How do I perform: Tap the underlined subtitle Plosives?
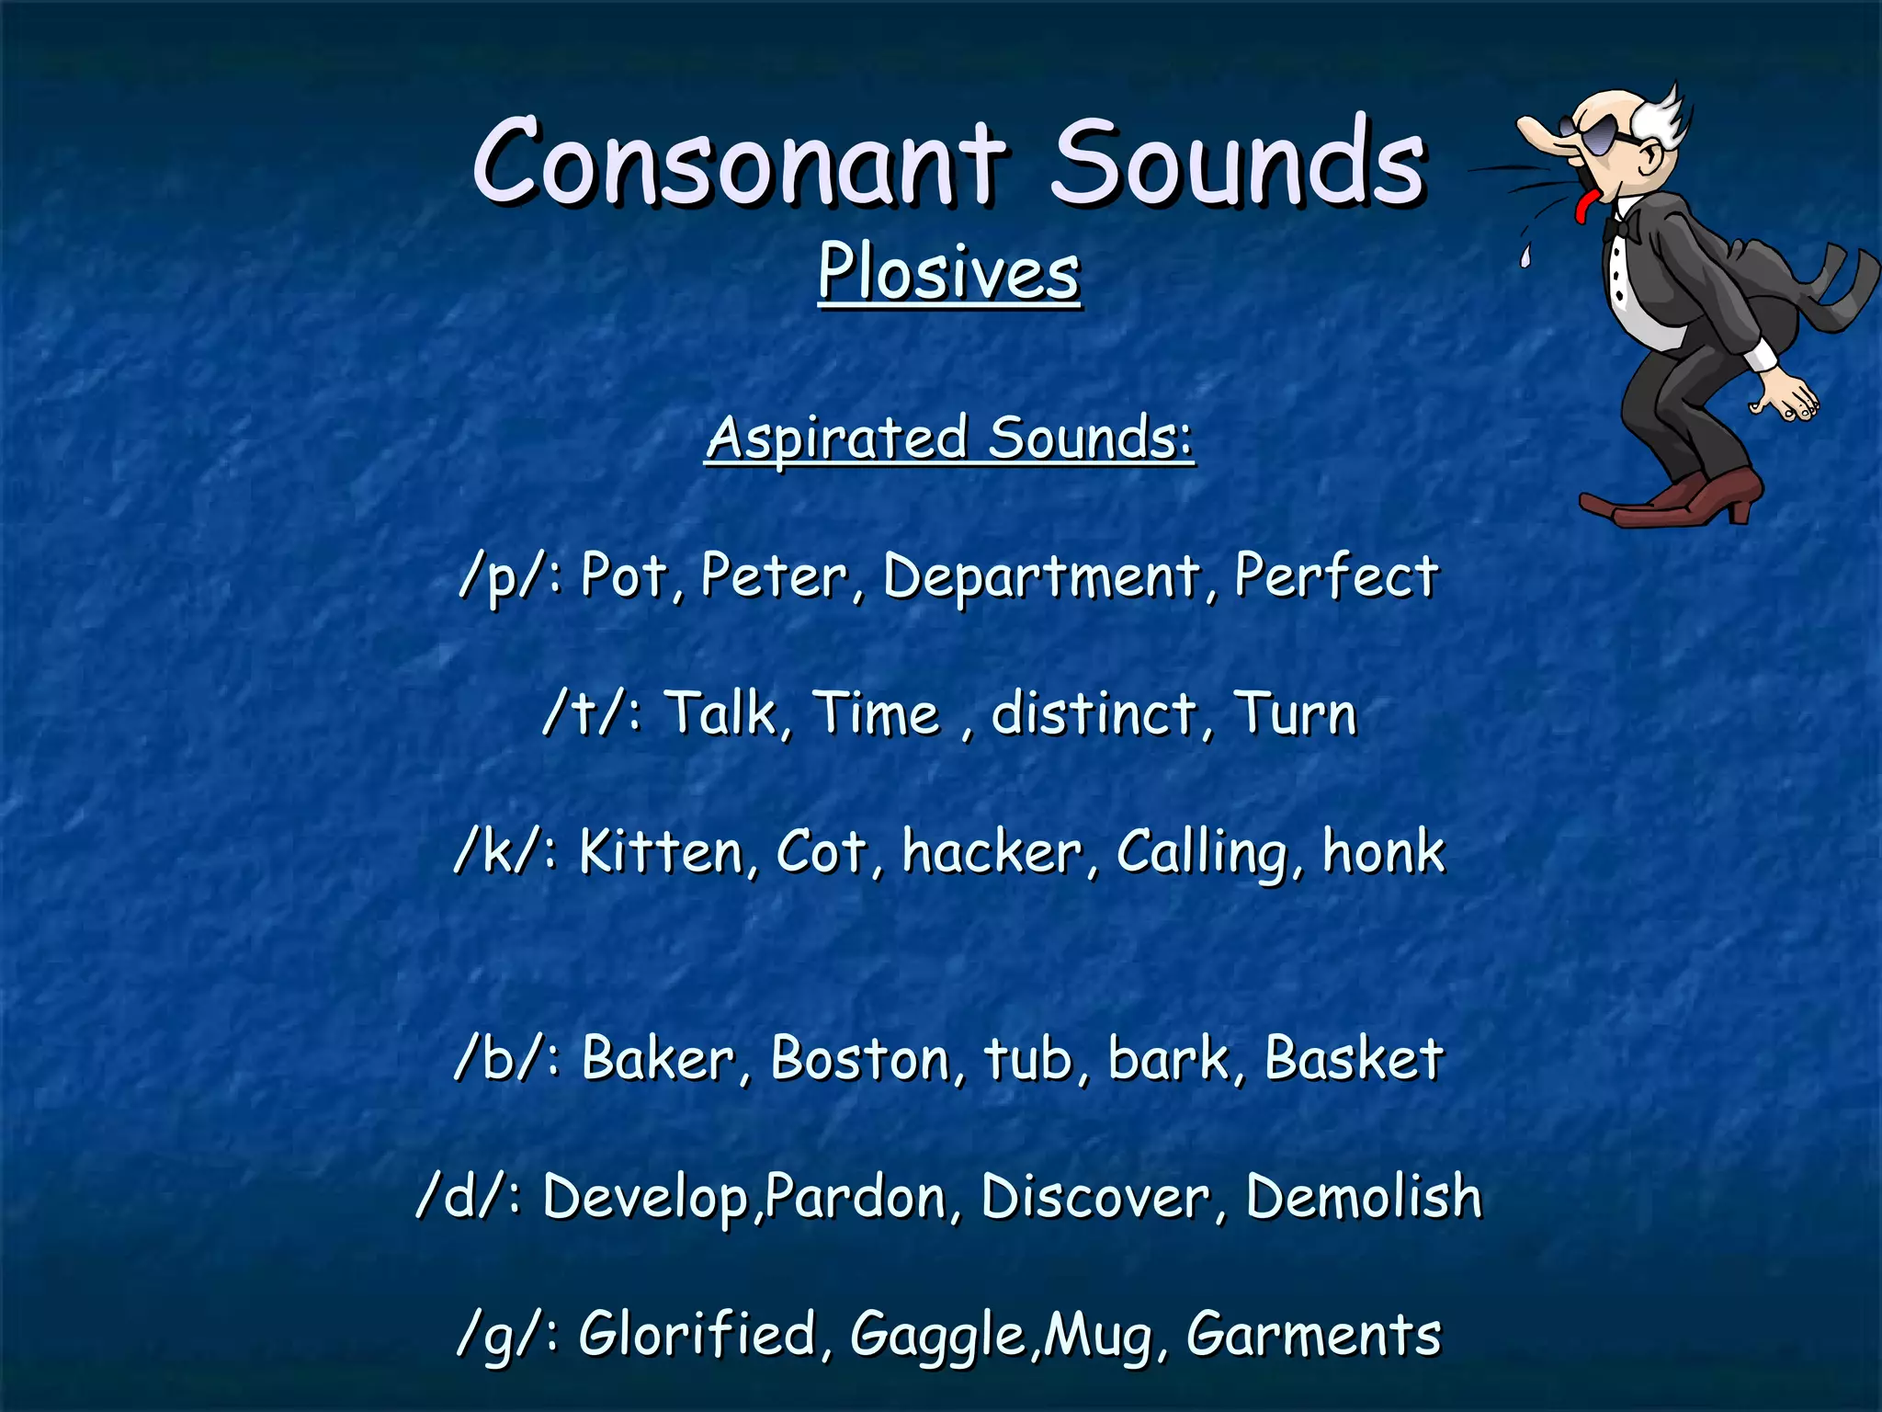point(949,273)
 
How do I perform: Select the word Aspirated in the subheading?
point(837,438)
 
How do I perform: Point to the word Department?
point(1041,577)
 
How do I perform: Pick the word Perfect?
point(1336,575)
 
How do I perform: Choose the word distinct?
point(1094,713)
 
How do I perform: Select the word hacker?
point(992,851)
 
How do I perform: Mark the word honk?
point(1383,851)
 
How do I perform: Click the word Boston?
point(859,1058)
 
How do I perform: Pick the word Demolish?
point(1364,1197)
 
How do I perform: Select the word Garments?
point(1313,1335)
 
